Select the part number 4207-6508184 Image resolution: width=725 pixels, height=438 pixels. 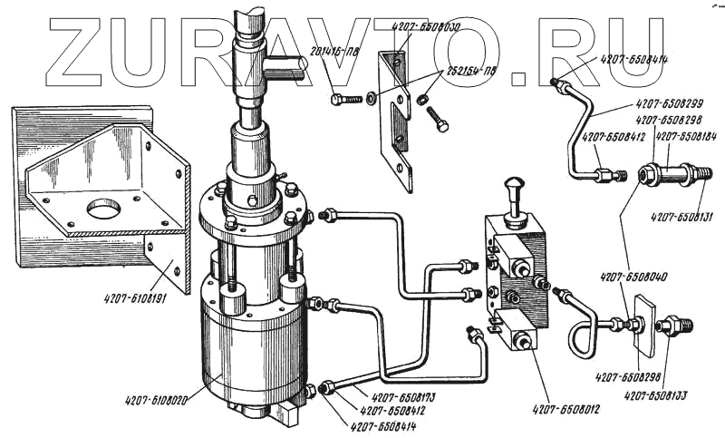click(x=687, y=137)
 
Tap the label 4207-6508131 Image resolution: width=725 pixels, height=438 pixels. click(x=681, y=216)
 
